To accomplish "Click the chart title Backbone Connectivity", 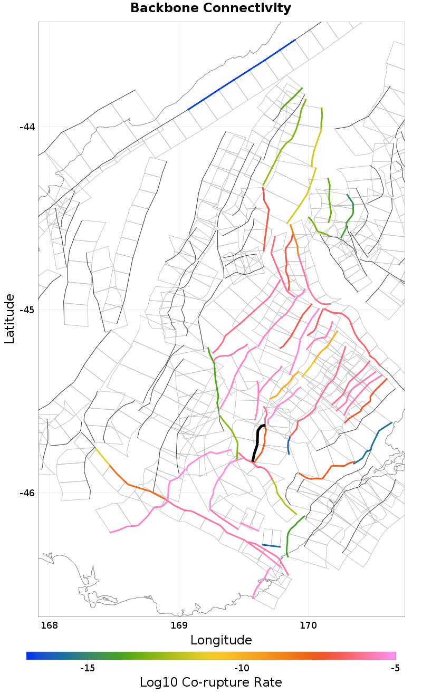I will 210,8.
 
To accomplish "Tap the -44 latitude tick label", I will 27,127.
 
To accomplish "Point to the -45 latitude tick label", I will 27,310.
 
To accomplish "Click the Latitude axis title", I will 9,319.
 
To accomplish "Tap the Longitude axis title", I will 221,640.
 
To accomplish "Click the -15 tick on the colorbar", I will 87,669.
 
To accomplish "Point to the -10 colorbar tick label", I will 242,669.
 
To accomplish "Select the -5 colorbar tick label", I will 395,669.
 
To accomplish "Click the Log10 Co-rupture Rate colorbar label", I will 211,682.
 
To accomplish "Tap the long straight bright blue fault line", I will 241,74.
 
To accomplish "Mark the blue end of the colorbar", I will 29,656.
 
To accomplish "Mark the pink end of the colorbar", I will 393,656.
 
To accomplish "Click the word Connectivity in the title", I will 246,8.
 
